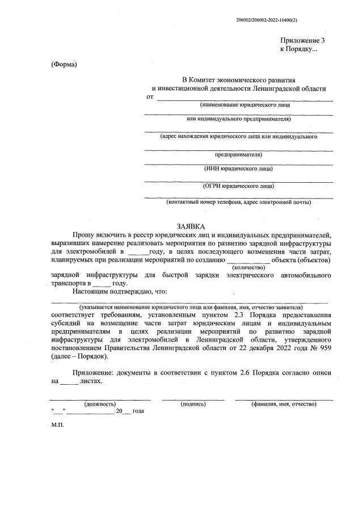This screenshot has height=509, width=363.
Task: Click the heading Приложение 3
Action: point(303,41)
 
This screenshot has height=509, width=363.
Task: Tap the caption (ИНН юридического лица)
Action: point(238,169)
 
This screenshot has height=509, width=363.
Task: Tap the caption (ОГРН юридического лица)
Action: point(238,186)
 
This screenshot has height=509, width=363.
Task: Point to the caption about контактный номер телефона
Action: point(238,202)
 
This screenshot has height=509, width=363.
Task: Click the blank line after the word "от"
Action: point(244,98)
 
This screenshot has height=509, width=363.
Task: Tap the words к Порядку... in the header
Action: point(299,50)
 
